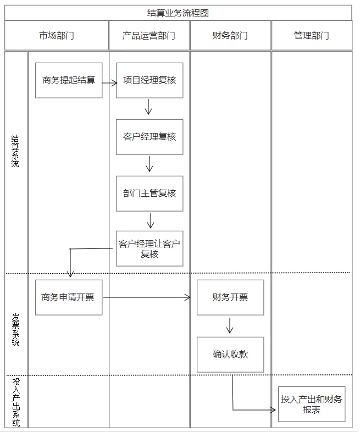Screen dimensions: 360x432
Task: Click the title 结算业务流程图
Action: [178, 13]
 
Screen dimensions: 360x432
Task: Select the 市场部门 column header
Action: [57, 36]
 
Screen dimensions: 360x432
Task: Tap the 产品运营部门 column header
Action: [149, 36]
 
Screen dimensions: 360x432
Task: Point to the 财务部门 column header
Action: [230, 36]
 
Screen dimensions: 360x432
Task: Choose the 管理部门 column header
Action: [312, 36]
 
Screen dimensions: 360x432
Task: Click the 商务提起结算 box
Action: [69, 80]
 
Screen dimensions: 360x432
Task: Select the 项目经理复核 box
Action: [149, 80]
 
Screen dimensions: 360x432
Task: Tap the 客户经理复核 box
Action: [149, 137]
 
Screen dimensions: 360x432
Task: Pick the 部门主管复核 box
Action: [149, 193]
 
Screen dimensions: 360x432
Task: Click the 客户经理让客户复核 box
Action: [149, 248]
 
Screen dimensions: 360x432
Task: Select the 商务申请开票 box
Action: [69, 297]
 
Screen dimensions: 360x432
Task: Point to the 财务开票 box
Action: [230, 297]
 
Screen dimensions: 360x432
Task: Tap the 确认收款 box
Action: [230, 355]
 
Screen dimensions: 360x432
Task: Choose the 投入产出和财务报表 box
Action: [312, 404]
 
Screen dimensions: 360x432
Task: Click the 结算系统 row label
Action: [15, 151]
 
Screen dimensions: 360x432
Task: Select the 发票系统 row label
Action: [15, 329]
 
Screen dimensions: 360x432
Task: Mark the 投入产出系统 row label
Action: [16, 402]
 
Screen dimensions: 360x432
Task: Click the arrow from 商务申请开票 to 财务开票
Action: [147, 297]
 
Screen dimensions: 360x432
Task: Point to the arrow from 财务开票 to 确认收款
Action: [230, 325]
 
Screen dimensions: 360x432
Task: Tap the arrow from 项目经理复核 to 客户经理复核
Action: [148, 107]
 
